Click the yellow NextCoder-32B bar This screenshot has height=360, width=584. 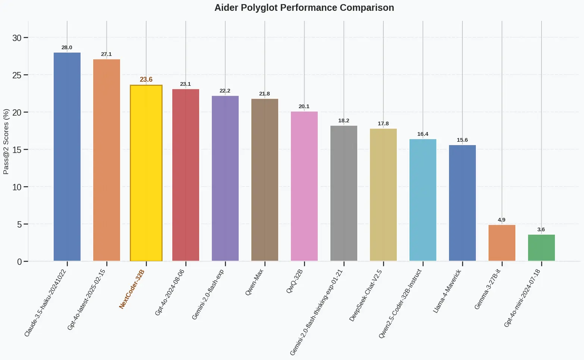click(x=146, y=173)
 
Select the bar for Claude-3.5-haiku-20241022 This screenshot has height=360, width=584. click(x=67, y=157)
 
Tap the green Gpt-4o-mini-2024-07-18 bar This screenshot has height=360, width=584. click(x=541, y=248)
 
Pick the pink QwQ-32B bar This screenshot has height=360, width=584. click(x=304, y=186)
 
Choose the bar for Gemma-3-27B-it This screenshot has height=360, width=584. click(x=502, y=243)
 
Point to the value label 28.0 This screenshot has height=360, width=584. click(x=67, y=48)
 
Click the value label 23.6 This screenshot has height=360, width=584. click(x=146, y=79)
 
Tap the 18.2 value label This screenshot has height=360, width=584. click(x=344, y=120)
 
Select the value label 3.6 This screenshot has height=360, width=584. click(x=541, y=229)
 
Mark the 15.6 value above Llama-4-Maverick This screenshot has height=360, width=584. click(x=462, y=140)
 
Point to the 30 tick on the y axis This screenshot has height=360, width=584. click(x=17, y=38)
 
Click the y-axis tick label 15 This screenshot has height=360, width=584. click(x=17, y=150)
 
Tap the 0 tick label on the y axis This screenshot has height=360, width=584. click(x=19, y=262)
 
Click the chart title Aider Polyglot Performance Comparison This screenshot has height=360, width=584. click(x=304, y=8)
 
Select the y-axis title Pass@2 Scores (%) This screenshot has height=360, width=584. click(x=6, y=142)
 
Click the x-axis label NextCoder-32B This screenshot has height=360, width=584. click(x=132, y=289)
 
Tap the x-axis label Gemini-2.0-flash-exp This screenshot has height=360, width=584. click(x=208, y=294)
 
